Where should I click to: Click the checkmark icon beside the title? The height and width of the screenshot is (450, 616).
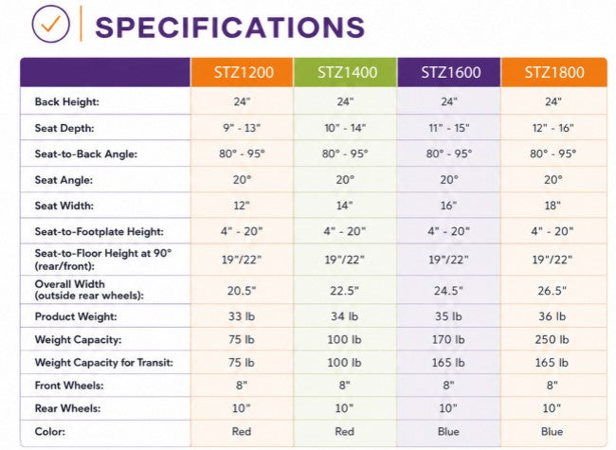pyautogui.click(x=50, y=24)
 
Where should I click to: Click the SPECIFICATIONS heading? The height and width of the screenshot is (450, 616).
pyautogui.click(x=230, y=27)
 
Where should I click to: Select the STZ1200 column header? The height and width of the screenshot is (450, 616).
pyautogui.click(x=244, y=72)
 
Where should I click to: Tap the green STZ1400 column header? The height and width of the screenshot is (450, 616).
pyautogui.click(x=347, y=72)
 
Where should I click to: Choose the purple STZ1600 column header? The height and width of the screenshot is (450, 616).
pyautogui.click(x=451, y=72)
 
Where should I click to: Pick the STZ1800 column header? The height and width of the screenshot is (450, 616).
pyautogui.click(x=554, y=72)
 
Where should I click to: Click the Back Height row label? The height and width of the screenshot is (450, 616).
pyautogui.click(x=66, y=101)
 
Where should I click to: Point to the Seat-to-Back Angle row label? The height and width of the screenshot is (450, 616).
pyautogui.click(x=86, y=153)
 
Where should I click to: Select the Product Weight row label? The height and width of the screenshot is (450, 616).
pyautogui.click(x=76, y=316)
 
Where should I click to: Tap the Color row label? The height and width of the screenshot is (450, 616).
pyautogui.click(x=50, y=432)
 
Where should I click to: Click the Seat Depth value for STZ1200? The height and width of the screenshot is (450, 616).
pyautogui.click(x=242, y=128)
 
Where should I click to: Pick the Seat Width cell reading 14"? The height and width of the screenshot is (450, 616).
pyautogui.click(x=345, y=206)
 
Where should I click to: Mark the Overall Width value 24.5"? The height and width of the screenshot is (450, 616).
pyautogui.click(x=448, y=291)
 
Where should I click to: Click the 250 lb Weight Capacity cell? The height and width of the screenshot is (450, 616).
pyautogui.click(x=552, y=340)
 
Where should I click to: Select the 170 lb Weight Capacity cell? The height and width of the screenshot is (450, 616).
pyautogui.click(x=448, y=340)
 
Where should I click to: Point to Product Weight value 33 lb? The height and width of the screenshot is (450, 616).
pyautogui.click(x=242, y=316)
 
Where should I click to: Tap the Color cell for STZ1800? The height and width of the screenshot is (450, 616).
pyautogui.click(x=552, y=432)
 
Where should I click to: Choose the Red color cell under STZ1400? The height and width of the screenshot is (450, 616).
pyautogui.click(x=345, y=432)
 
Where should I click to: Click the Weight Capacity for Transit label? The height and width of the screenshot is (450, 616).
pyautogui.click(x=103, y=363)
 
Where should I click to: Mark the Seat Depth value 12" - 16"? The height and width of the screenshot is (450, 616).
pyautogui.click(x=553, y=128)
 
